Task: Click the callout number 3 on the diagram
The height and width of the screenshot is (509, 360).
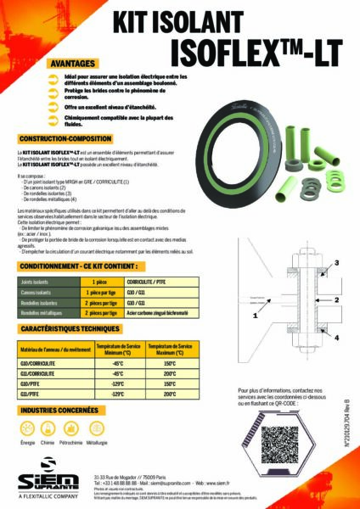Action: (x=335, y=264)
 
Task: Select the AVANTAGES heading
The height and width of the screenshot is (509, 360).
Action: (x=72, y=64)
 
